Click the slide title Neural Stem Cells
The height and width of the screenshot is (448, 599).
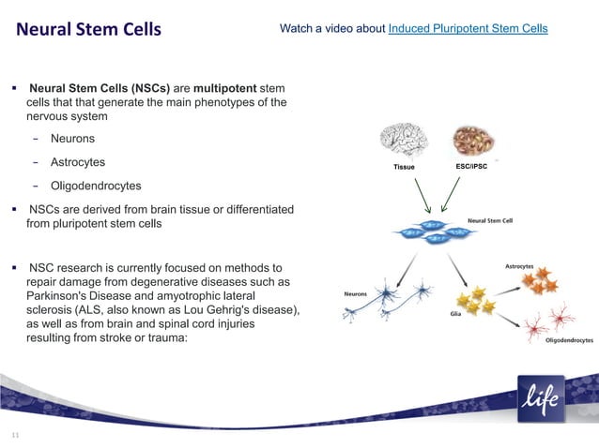coord(89,29)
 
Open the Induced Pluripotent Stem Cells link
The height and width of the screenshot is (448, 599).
coord(468,29)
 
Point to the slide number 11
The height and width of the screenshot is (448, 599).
coord(15,436)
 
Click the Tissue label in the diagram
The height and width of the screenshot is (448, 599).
coord(404,167)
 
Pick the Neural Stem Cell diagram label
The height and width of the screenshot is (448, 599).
coord(490,222)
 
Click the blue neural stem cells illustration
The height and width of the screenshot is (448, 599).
coord(429,232)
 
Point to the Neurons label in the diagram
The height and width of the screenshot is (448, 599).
coord(356,293)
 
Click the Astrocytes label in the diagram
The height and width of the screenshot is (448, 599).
coord(519,266)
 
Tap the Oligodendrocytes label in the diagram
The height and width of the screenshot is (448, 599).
coord(569,340)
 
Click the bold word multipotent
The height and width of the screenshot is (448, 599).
coord(231,87)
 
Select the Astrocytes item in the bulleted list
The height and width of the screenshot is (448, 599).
coord(78,162)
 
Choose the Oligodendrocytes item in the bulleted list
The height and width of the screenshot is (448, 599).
coord(96,186)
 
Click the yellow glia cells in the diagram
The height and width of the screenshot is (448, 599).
coord(473,301)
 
